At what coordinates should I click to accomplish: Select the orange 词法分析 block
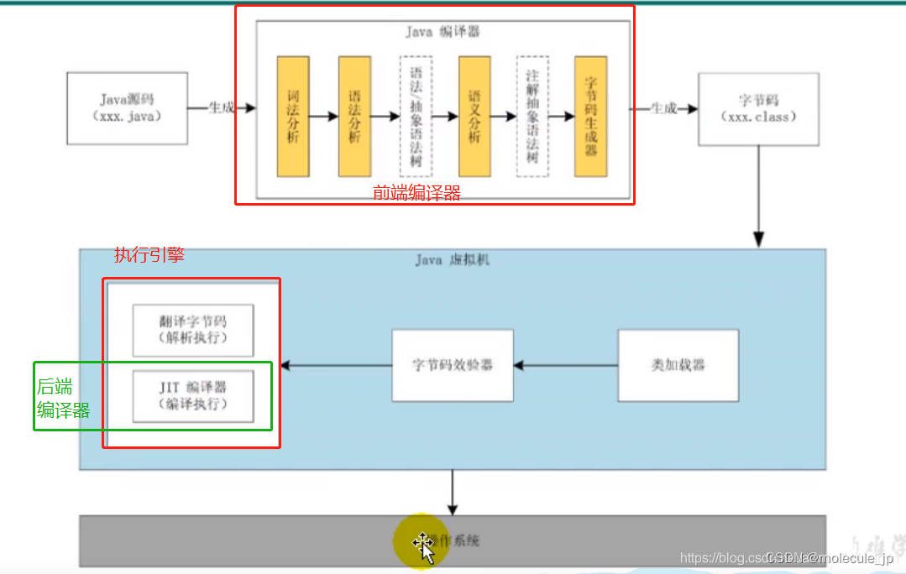[293, 116]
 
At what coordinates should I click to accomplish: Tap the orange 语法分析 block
[354, 116]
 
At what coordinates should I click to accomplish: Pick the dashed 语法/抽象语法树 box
[416, 116]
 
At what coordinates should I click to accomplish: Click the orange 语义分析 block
[474, 116]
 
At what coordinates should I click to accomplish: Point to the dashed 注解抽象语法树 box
[532, 116]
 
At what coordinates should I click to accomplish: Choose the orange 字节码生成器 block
[590, 116]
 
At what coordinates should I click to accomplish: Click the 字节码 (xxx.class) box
[758, 109]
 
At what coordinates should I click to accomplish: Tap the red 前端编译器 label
[416, 193]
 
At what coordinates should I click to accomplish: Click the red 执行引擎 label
[149, 255]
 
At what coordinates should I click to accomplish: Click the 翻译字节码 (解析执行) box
[193, 329]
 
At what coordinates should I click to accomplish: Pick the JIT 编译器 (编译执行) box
[193, 395]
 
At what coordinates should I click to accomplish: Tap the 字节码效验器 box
[453, 365]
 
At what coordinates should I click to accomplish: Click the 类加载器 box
[678, 365]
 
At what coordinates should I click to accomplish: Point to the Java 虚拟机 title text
[452, 260]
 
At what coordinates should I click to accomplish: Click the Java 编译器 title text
[442, 32]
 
